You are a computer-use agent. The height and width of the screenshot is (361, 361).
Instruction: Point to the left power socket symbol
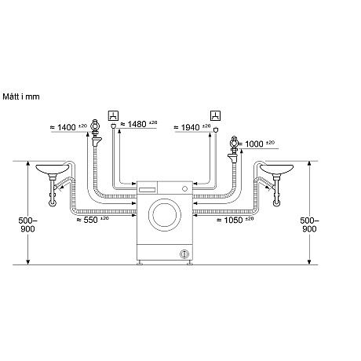coord(115,113)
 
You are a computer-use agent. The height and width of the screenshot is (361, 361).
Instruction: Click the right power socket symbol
coord(213,113)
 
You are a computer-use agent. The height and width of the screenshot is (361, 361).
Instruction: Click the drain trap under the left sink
coord(53,196)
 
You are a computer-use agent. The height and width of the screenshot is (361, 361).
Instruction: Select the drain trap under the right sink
coord(275,196)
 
